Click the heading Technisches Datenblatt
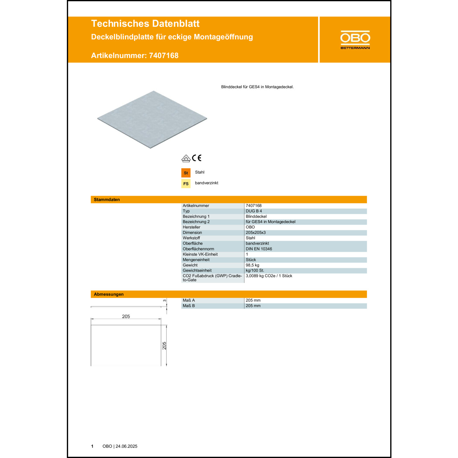(145, 24)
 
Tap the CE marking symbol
(197, 158)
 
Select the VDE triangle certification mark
(186, 158)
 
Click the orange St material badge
(186, 173)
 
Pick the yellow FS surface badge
(186, 184)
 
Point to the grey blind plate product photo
(152, 119)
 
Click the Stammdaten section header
(107, 200)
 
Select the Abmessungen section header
(109, 294)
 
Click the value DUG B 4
(254, 211)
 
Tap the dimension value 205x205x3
(256, 233)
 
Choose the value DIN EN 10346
(259, 249)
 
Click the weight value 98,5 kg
(252, 265)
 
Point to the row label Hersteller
(191, 227)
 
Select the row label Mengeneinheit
(196, 260)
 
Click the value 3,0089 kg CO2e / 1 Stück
(269, 276)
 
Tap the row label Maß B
(189, 306)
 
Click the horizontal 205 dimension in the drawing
(126, 316)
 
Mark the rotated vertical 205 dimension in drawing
(164, 346)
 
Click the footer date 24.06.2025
(126, 446)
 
